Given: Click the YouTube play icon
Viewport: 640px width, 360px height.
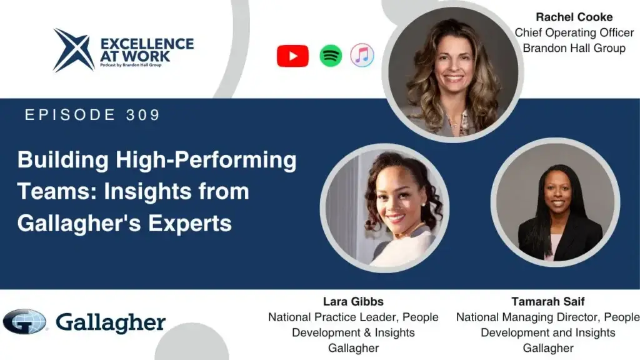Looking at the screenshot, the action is click(x=292, y=56).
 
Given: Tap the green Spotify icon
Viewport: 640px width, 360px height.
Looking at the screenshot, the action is click(x=331, y=56).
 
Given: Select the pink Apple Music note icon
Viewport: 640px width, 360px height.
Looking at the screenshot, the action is click(x=362, y=55).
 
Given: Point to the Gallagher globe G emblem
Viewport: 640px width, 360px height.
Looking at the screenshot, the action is click(x=24, y=322).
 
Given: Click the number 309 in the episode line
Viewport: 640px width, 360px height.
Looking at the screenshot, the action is click(x=143, y=115).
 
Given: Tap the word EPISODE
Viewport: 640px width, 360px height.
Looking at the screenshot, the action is click(x=70, y=115).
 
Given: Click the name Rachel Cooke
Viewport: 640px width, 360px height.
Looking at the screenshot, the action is click(x=574, y=17).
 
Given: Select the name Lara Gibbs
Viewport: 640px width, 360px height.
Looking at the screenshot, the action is click(x=353, y=302).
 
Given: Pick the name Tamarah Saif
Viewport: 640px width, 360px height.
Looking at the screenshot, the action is click(x=547, y=302).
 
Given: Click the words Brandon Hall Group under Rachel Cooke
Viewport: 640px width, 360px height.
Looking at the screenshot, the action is click(x=574, y=48).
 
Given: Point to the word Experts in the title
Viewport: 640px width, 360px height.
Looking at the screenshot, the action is click(x=190, y=223).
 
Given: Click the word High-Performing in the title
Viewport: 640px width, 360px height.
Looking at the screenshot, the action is click(x=206, y=160).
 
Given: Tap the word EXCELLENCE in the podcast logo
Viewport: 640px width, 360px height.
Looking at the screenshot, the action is click(x=147, y=44).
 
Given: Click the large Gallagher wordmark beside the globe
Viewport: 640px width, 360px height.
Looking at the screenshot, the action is click(x=111, y=323).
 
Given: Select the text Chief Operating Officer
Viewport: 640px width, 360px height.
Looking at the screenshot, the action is click(x=574, y=32).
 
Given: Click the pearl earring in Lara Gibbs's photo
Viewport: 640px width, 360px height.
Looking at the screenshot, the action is click(x=423, y=204).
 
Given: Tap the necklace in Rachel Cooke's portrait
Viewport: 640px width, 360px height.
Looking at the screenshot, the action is click(x=452, y=122).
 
